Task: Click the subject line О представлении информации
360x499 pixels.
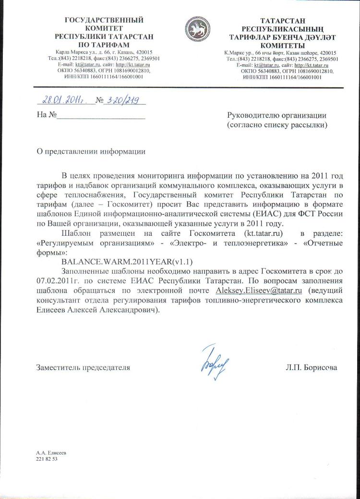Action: (x=91, y=151)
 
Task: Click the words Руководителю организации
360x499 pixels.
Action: (x=276, y=115)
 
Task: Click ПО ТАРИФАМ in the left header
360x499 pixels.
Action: (x=104, y=45)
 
